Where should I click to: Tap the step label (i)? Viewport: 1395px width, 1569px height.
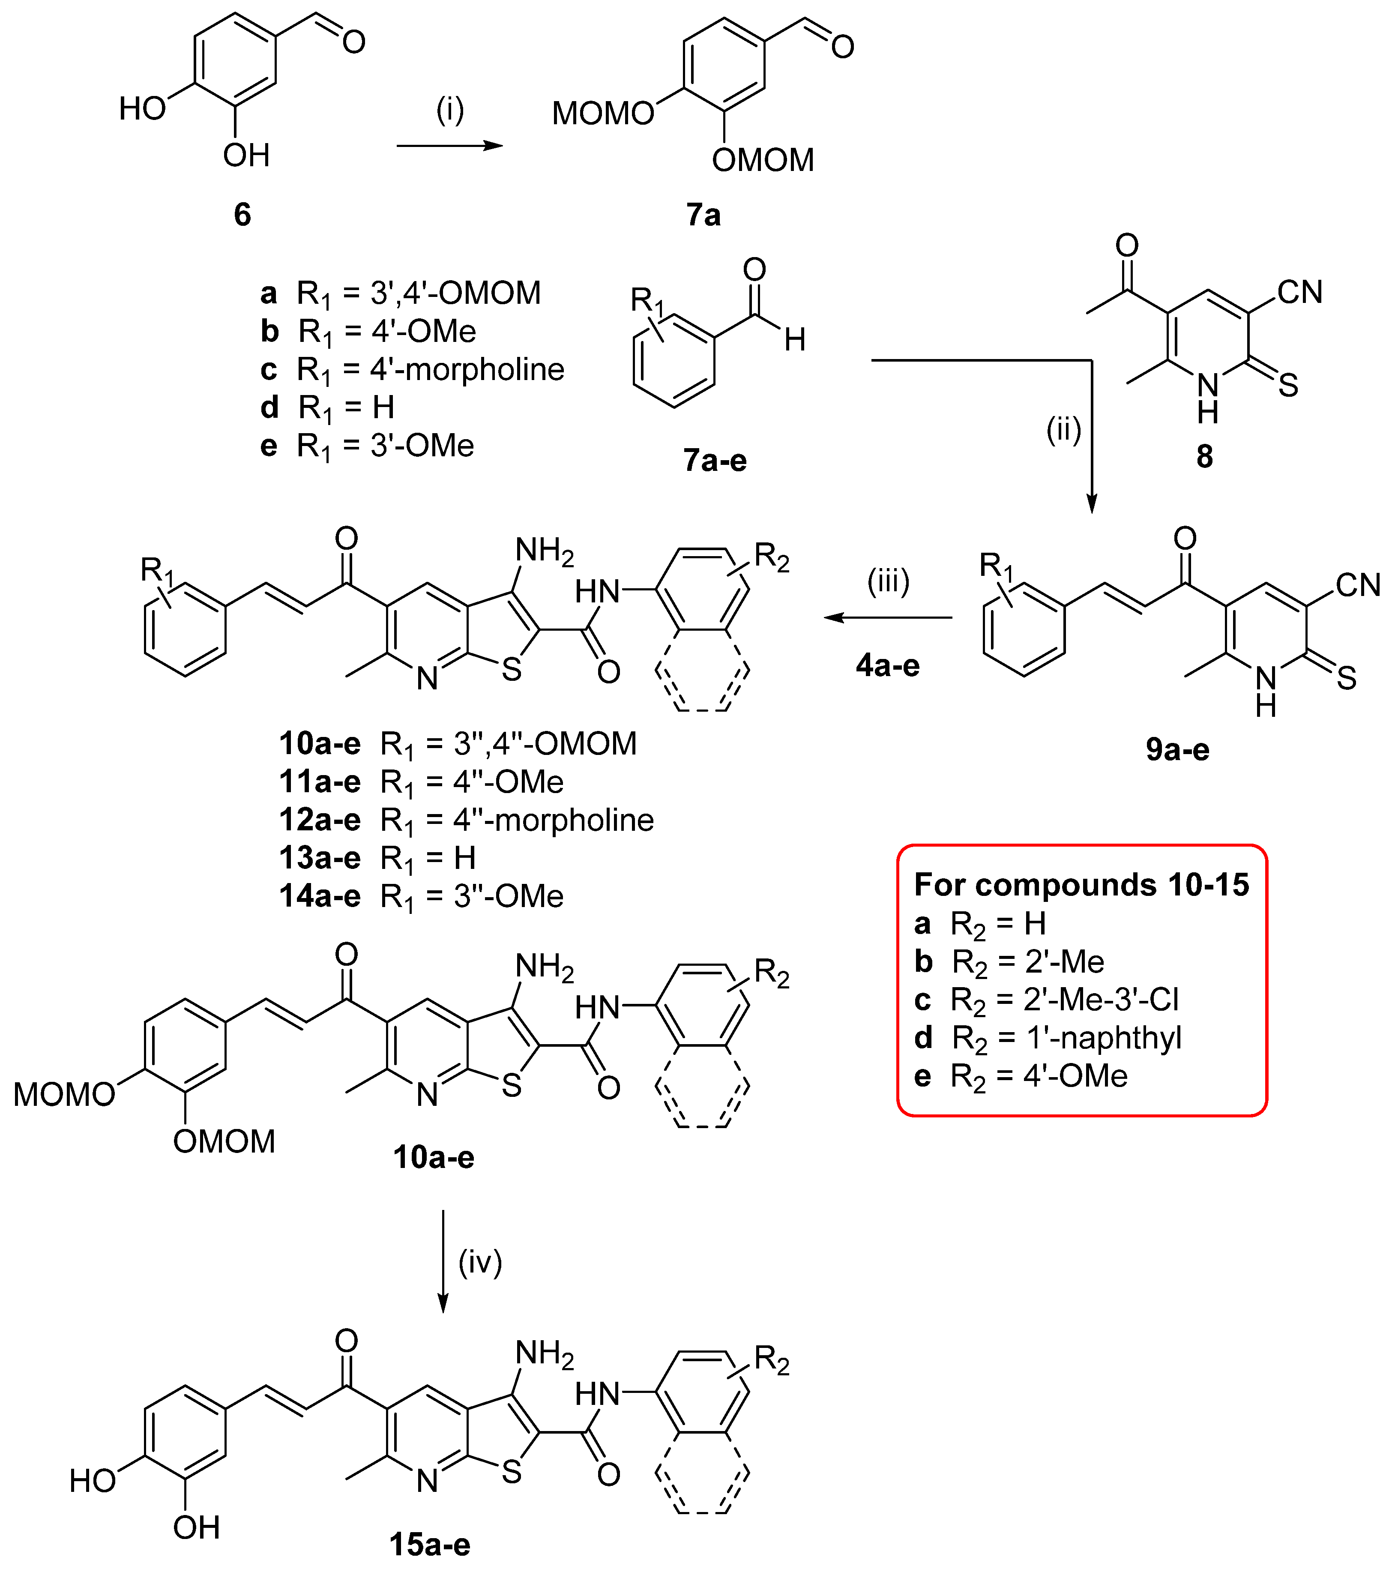450,111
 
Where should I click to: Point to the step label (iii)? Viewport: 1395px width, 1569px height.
888,581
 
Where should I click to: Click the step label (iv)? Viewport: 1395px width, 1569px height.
480,1262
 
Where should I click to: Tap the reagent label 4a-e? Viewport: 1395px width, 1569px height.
888,665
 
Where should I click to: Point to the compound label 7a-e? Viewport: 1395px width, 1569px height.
715,461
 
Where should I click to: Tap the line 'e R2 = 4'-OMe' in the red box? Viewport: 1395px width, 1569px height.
1021,1076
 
